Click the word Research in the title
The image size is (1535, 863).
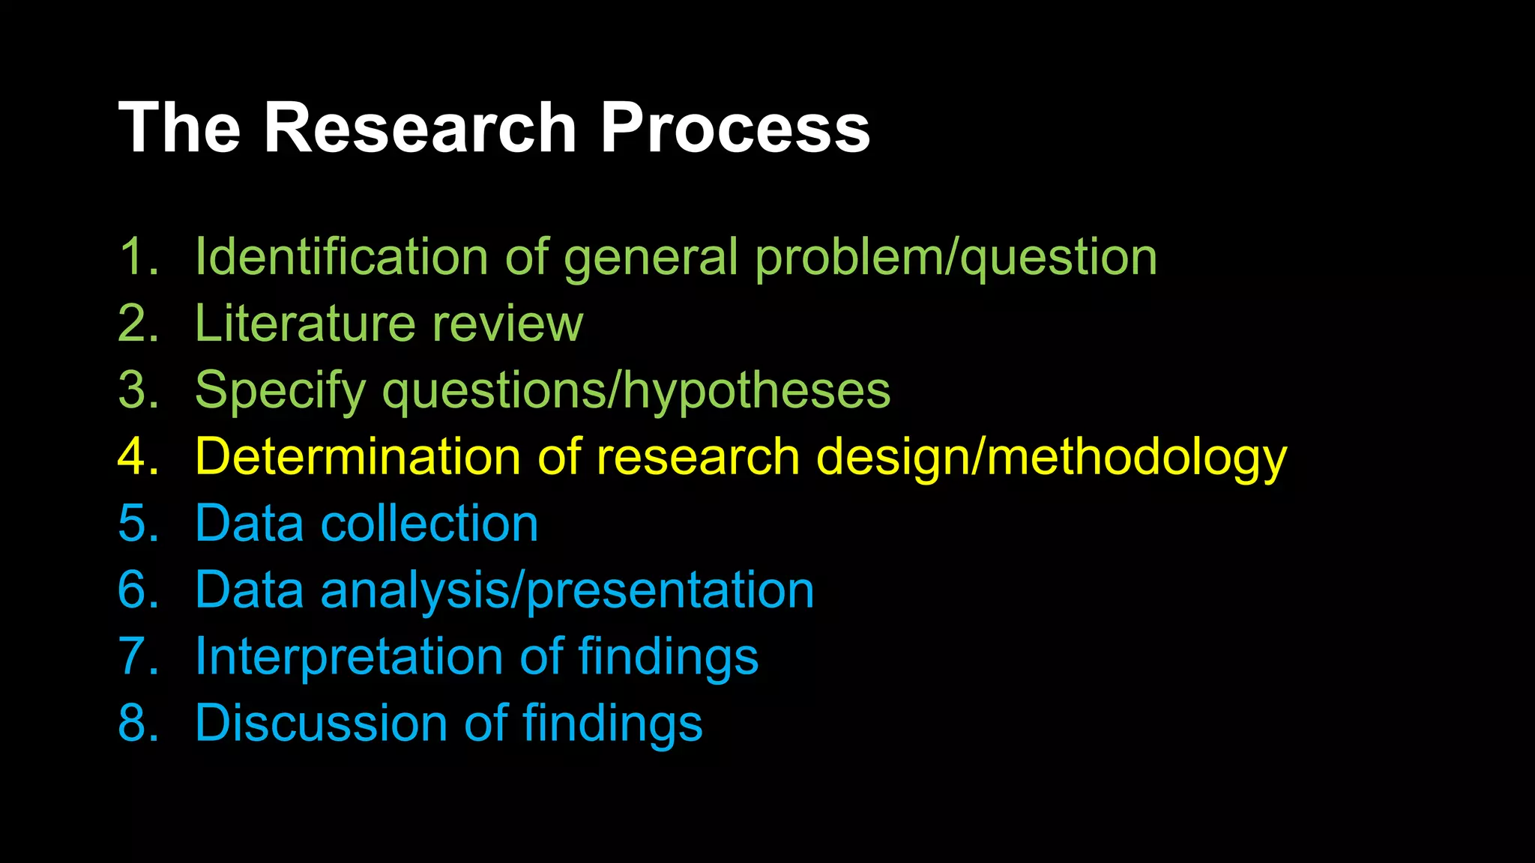tap(420, 129)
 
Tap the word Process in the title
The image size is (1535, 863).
tap(735, 129)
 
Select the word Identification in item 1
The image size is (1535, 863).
tap(342, 257)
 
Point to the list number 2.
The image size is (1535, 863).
tap(139, 324)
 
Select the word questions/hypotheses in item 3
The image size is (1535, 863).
tap(636, 391)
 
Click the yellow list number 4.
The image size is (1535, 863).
tap(139, 457)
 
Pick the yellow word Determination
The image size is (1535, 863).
tap(358, 457)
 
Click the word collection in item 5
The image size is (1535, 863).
tap(429, 523)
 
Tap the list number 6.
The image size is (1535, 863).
tap(139, 590)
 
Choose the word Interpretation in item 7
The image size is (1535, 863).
tap(349, 657)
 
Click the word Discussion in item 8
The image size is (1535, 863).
tap(321, 724)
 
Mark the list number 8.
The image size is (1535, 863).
tap(139, 724)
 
